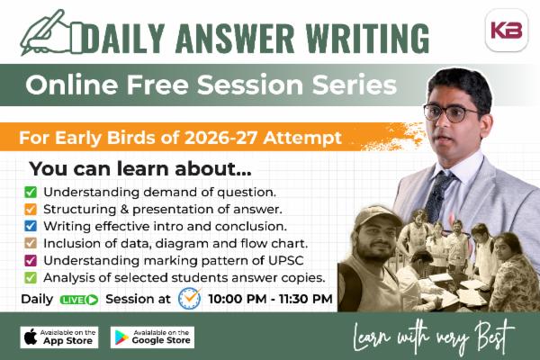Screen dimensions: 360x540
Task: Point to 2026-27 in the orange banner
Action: click(233, 139)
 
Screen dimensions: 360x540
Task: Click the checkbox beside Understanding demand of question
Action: click(31, 192)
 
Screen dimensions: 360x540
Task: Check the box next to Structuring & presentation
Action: click(31, 209)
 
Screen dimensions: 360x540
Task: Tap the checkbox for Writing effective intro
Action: click(31, 226)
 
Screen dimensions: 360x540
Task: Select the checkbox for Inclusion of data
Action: click(31, 243)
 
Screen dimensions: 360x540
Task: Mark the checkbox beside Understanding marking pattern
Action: click(31, 260)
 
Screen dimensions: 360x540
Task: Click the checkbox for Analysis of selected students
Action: click(31, 277)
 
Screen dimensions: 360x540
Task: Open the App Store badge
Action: click(59, 337)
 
